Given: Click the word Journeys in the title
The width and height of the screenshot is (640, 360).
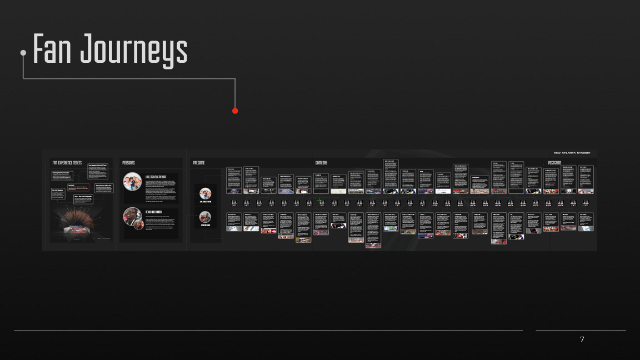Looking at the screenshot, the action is tap(134, 50).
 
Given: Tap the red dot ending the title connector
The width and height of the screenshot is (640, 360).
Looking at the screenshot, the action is tap(235, 111).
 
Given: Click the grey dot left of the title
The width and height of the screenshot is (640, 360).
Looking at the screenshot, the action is tap(23, 53).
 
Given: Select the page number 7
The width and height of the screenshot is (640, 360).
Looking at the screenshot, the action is tap(582, 339).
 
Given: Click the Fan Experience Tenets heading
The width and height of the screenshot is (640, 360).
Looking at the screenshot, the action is tap(67, 163).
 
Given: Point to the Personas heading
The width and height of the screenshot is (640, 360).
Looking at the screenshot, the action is tap(128, 163).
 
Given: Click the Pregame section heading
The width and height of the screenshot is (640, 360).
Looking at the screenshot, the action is tap(199, 163).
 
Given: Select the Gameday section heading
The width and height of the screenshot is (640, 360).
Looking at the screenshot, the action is tap(321, 163).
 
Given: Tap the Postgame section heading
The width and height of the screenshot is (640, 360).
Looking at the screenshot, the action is tap(554, 163).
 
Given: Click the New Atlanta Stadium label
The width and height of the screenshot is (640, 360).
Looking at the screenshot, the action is tap(572, 153).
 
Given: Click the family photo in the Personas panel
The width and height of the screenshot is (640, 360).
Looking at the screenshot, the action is tap(132, 182).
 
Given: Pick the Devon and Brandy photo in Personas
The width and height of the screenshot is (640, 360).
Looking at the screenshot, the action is tap(132, 217).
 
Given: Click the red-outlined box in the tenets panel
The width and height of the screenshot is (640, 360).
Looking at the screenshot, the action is tap(78, 187).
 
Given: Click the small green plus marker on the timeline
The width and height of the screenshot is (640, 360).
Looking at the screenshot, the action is tap(319, 201).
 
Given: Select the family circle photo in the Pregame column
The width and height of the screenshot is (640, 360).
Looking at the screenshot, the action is tap(205, 194).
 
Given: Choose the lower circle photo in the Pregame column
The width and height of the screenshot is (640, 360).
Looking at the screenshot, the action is tap(205, 217).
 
